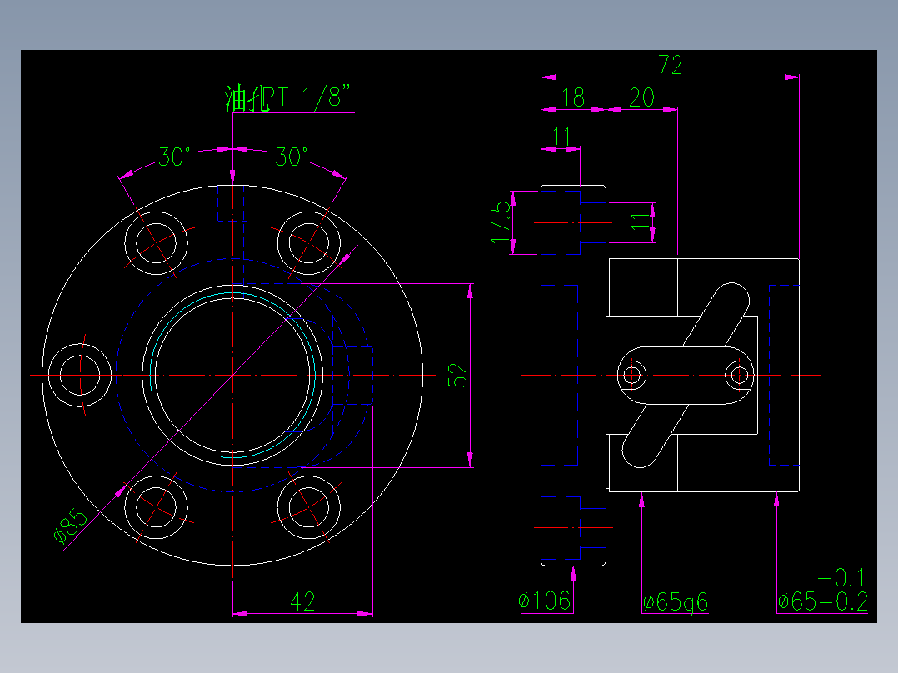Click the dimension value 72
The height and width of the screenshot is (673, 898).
click(670, 65)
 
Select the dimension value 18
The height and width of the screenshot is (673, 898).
click(573, 98)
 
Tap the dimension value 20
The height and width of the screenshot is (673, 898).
click(641, 98)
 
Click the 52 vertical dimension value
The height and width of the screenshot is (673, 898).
click(458, 376)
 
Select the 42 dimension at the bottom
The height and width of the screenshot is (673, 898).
click(302, 601)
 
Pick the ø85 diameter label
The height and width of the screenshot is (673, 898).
click(71, 526)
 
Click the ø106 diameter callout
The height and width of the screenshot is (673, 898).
click(544, 601)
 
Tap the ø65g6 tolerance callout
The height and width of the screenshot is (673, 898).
click(676, 602)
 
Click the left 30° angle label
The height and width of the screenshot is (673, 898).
click(174, 157)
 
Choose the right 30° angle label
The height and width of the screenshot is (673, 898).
click(291, 157)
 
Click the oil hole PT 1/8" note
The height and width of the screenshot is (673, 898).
click(287, 97)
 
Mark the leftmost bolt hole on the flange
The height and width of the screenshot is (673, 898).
click(80, 375)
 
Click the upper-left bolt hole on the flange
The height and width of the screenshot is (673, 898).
click(156, 243)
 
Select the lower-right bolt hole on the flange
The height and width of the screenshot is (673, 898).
click(309, 507)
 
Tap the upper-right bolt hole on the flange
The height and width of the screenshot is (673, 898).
click(309, 243)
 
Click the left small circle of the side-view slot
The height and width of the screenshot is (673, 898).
click(631, 376)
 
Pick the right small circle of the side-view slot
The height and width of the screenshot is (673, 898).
click(740, 376)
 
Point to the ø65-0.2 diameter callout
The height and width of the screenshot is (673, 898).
click(822, 601)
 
